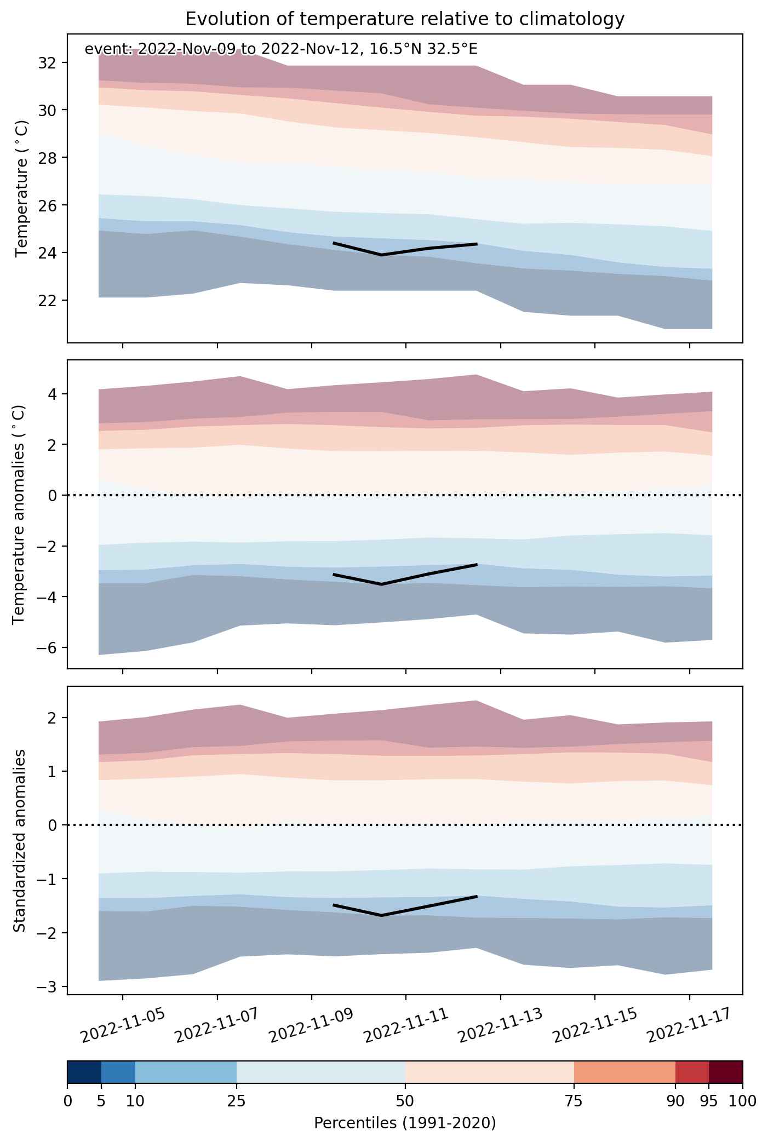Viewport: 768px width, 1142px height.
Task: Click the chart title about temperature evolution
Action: (405, 19)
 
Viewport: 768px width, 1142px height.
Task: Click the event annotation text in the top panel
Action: (281, 49)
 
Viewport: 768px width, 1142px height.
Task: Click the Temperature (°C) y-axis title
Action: (22, 188)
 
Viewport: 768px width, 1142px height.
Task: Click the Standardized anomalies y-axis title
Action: (20, 840)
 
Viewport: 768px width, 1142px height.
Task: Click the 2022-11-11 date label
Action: (406, 1026)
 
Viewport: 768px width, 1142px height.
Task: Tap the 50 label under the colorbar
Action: (405, 1101)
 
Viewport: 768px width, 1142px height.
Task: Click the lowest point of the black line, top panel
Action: (382, 255)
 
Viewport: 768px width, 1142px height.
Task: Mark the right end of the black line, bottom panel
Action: (477, 896)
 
